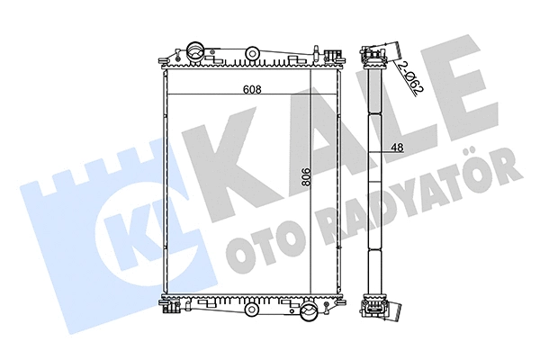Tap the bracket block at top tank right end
coord(334,56)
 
